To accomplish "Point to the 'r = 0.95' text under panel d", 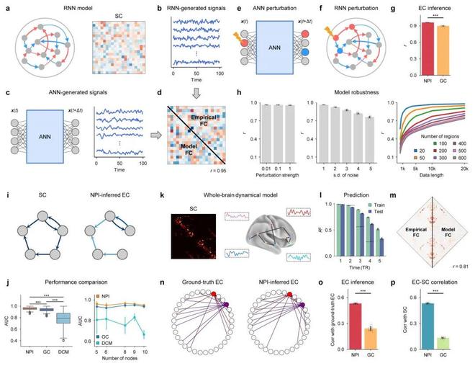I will point(209,173).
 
